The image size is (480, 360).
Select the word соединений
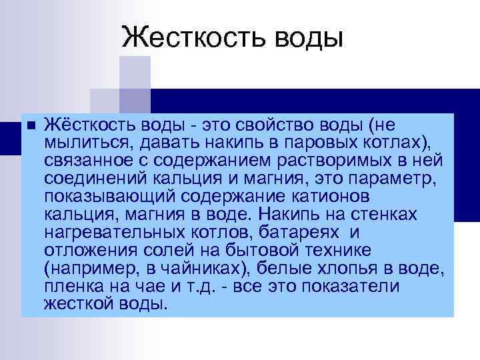[88, 179]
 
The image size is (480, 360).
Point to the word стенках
[391, 215]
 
